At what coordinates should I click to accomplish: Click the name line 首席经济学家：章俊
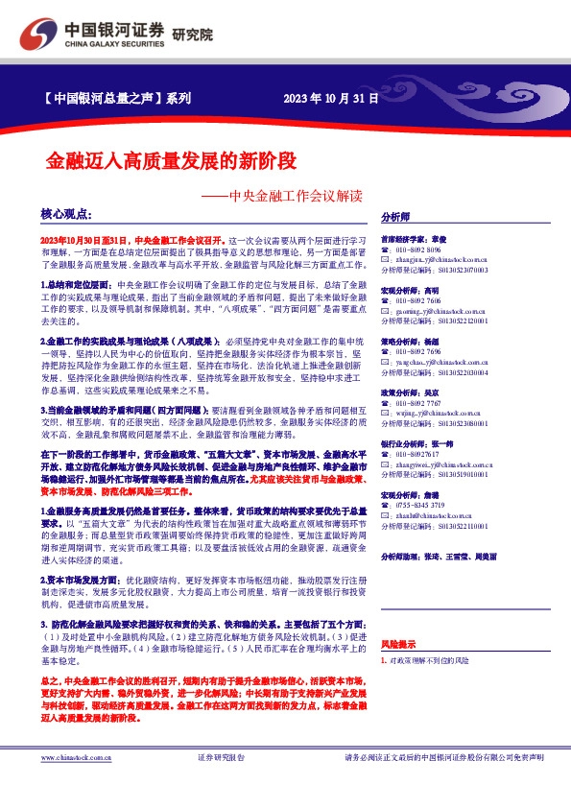click(414, 238)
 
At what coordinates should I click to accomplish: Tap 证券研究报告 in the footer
click(221, 785)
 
